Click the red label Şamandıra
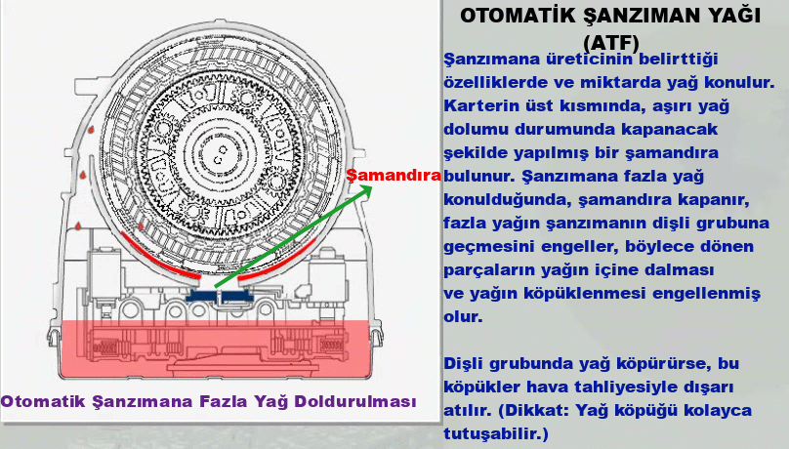pyautogui.click(x=394, y=176)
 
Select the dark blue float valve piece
pyautogui.click(x=220, y=297)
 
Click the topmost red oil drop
pyautogui.click(x=91, y=130)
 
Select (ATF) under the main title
pyautogui.click(x=611, y=43)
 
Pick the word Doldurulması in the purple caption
pyautogui.click(x=355, y=401)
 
